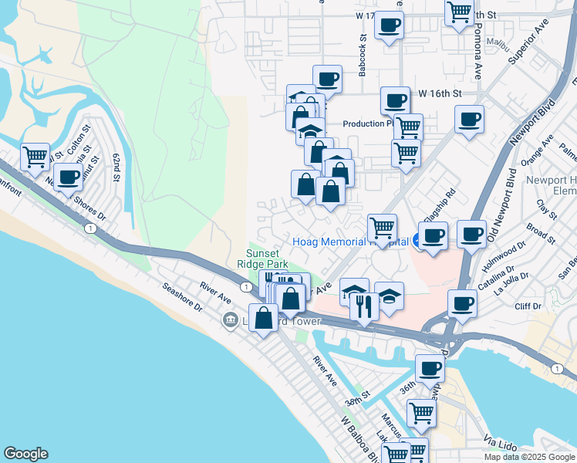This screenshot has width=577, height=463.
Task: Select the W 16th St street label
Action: [440, 93]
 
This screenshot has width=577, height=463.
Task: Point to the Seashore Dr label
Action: [182, 296]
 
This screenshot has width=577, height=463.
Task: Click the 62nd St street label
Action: [117, 167]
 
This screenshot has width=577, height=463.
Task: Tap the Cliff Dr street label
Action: [528, 306]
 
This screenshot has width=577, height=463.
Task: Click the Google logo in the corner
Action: [25, 454]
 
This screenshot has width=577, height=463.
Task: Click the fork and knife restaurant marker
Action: [362, 306]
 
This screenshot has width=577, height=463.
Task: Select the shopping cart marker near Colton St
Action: [35, 157]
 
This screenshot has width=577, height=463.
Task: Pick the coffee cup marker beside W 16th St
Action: [395, 100]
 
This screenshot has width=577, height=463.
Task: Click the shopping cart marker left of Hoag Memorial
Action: [382, 228]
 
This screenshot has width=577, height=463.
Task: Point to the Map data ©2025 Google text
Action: [530, 457]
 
